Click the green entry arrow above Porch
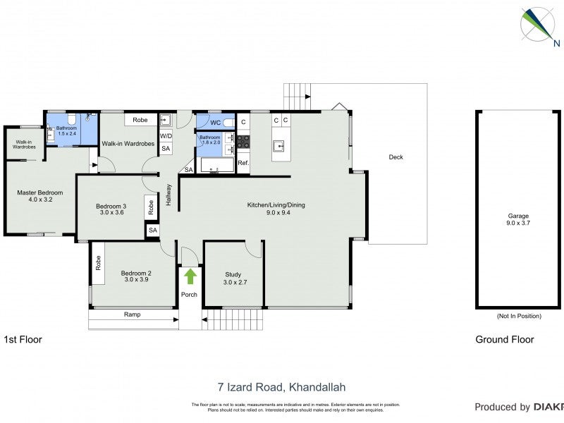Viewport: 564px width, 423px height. tap(189, 276)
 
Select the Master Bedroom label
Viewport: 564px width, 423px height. tap(40, 196)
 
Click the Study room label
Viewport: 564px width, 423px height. tap(233, 278)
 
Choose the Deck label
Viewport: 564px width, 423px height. tap(396, 157)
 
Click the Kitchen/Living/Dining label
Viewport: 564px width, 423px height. tap(276, 209)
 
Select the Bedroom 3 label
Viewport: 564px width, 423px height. tap(111, 209)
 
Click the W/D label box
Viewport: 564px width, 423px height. tap(166, 136)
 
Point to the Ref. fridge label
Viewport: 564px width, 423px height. tap(243, 163)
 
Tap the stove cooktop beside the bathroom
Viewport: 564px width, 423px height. tap(243, 142)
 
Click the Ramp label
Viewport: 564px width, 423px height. tap(132, 314)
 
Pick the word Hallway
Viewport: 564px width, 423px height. tap(169, 194)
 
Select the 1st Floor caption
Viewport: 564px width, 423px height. tap(23, 339)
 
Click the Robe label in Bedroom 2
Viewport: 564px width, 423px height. tap(97, 263)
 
